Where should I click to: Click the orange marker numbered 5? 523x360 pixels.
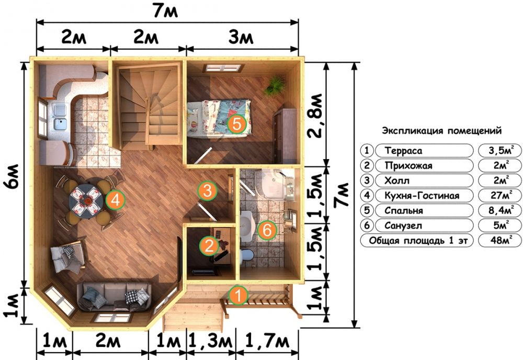pyautogui.click(x=236, y=124)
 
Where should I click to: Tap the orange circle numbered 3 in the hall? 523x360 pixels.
pyautogui.click(x=207, y=191)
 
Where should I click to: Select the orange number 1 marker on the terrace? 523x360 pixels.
pyautogui.click(x=238, y=295)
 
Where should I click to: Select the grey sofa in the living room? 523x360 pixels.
pyautogui.click(x=114, y=297)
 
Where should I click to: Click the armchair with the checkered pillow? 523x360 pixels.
pyautogui.click(x=68, y=255)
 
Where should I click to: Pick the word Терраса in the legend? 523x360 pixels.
pyautogui.click(x=403, y=151)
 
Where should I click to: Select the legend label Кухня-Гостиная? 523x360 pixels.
pyautogui.click(x=422, y=196)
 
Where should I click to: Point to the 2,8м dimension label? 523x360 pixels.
pyautogui.click(x=315, y=116)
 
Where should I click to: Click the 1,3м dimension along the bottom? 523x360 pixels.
pyautogui.click(x=210, y=341)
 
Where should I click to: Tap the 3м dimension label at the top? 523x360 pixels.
pyautogui.click(x=241, y=37)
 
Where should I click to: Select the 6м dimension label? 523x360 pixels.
pyautogui.click(x=14, y=176)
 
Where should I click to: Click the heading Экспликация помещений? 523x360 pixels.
pyautogui.click(x=441, y=130)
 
